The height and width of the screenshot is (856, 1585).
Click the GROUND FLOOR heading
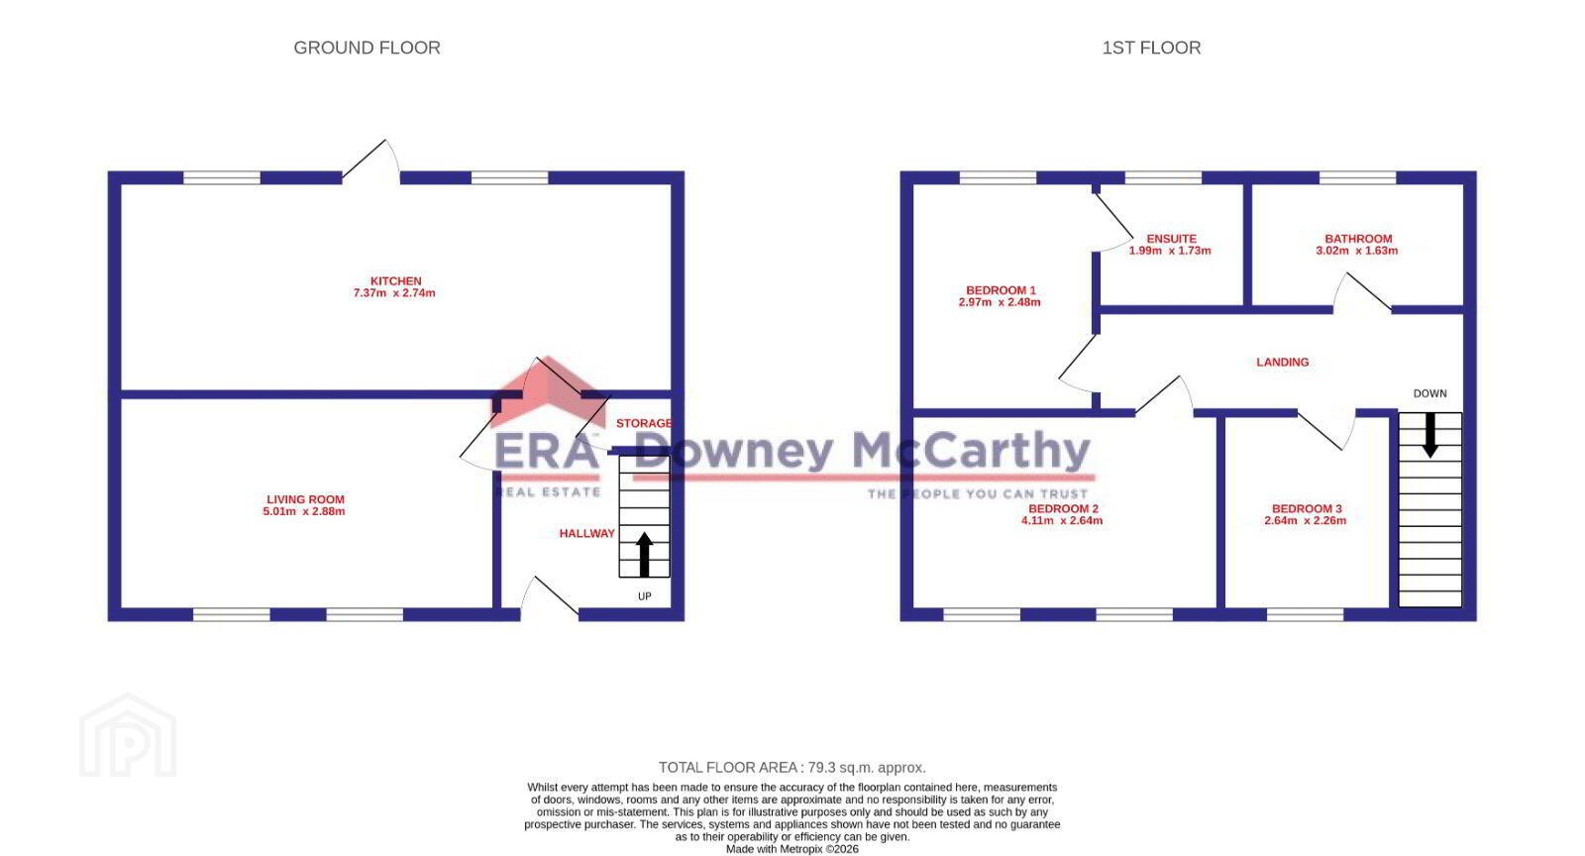[x=367, y=48]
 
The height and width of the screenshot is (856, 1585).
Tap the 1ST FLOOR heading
[x=1151, y=48]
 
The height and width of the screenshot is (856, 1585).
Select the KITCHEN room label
[x=395, y=280]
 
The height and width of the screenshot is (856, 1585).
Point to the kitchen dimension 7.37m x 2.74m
[x=394, y=293]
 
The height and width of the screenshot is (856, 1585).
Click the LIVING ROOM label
[x=305, y=499]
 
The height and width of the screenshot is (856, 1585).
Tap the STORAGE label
[x=644, y=423]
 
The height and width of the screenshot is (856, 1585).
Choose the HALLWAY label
[x=586, y=533]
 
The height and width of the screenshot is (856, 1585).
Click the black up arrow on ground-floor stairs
[x=644, y=555]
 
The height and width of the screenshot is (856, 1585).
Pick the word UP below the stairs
[x=645, y=596]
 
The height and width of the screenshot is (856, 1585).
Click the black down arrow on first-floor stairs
[x=1430, y=435]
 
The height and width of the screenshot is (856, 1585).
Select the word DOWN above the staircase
[x=1430, y=393]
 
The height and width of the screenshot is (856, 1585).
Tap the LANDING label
[x=1282, y=363]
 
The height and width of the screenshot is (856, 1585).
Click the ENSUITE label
[x=1171, y=239]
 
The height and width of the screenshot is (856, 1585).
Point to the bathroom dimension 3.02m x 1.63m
[x=1356, y=251]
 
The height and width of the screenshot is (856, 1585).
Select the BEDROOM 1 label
[x=1001, y=290]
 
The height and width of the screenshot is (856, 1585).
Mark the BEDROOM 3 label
[x=1307, y=508]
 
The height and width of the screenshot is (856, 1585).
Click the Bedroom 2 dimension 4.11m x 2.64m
[x=1061, y=521]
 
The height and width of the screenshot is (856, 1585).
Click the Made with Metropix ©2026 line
[x=792, y=849]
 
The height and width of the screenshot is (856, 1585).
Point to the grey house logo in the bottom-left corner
[x=128, y=736]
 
